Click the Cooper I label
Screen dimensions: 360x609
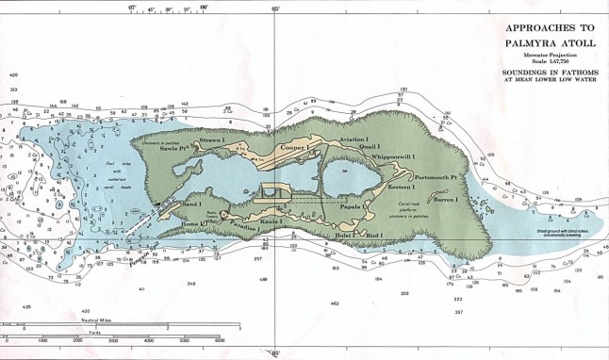pos(294,148)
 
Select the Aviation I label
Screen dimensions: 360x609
pos(354,139)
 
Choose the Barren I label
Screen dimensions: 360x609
pos(444,200)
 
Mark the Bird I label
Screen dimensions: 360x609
pos(376,234)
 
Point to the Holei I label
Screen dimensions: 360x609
pos(343,232)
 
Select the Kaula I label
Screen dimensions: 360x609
pos(286,219)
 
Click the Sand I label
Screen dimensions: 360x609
pos(191,203)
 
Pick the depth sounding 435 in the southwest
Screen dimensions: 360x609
pos(26,306)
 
